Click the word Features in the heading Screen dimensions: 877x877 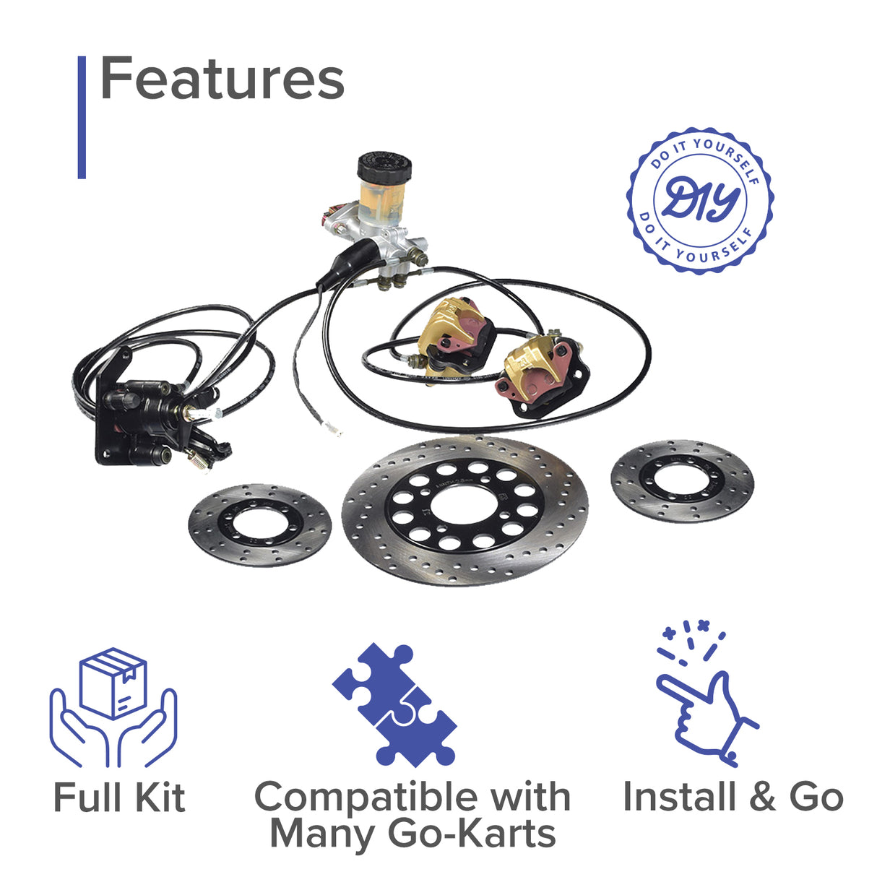tap(222, 79)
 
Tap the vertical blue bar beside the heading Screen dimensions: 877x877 tap(82, 117)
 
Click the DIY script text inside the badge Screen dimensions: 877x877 tap(699, 200)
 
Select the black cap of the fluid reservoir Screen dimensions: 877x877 tap(384, 167)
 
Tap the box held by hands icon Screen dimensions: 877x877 tap(113, 708)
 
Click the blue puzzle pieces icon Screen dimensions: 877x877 tap(394, 704)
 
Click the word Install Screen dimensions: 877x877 tap(678, 797)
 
